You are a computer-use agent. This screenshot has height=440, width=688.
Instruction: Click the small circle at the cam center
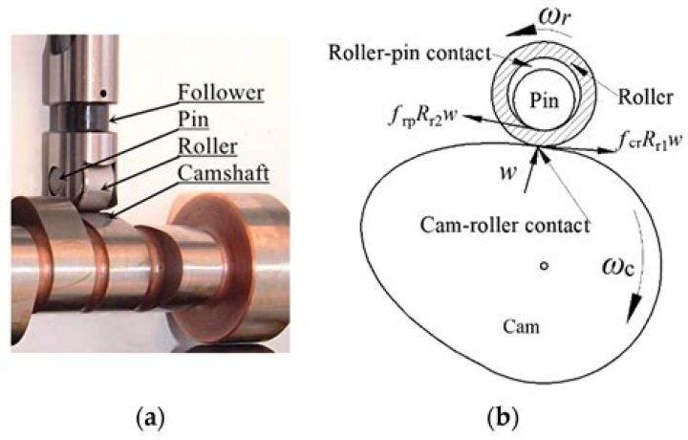coord(543,268)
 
